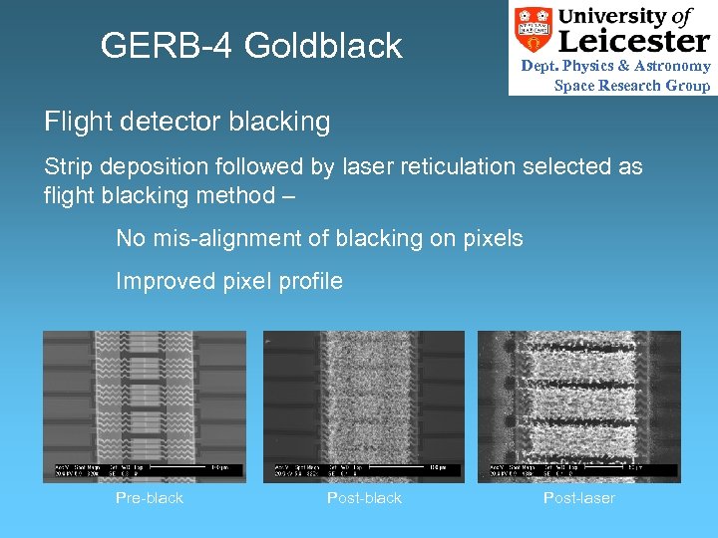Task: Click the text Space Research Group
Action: (632, 85)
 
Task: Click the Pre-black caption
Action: (150, 497)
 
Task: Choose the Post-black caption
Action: (364, 497)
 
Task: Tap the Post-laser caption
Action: (579, 497)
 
